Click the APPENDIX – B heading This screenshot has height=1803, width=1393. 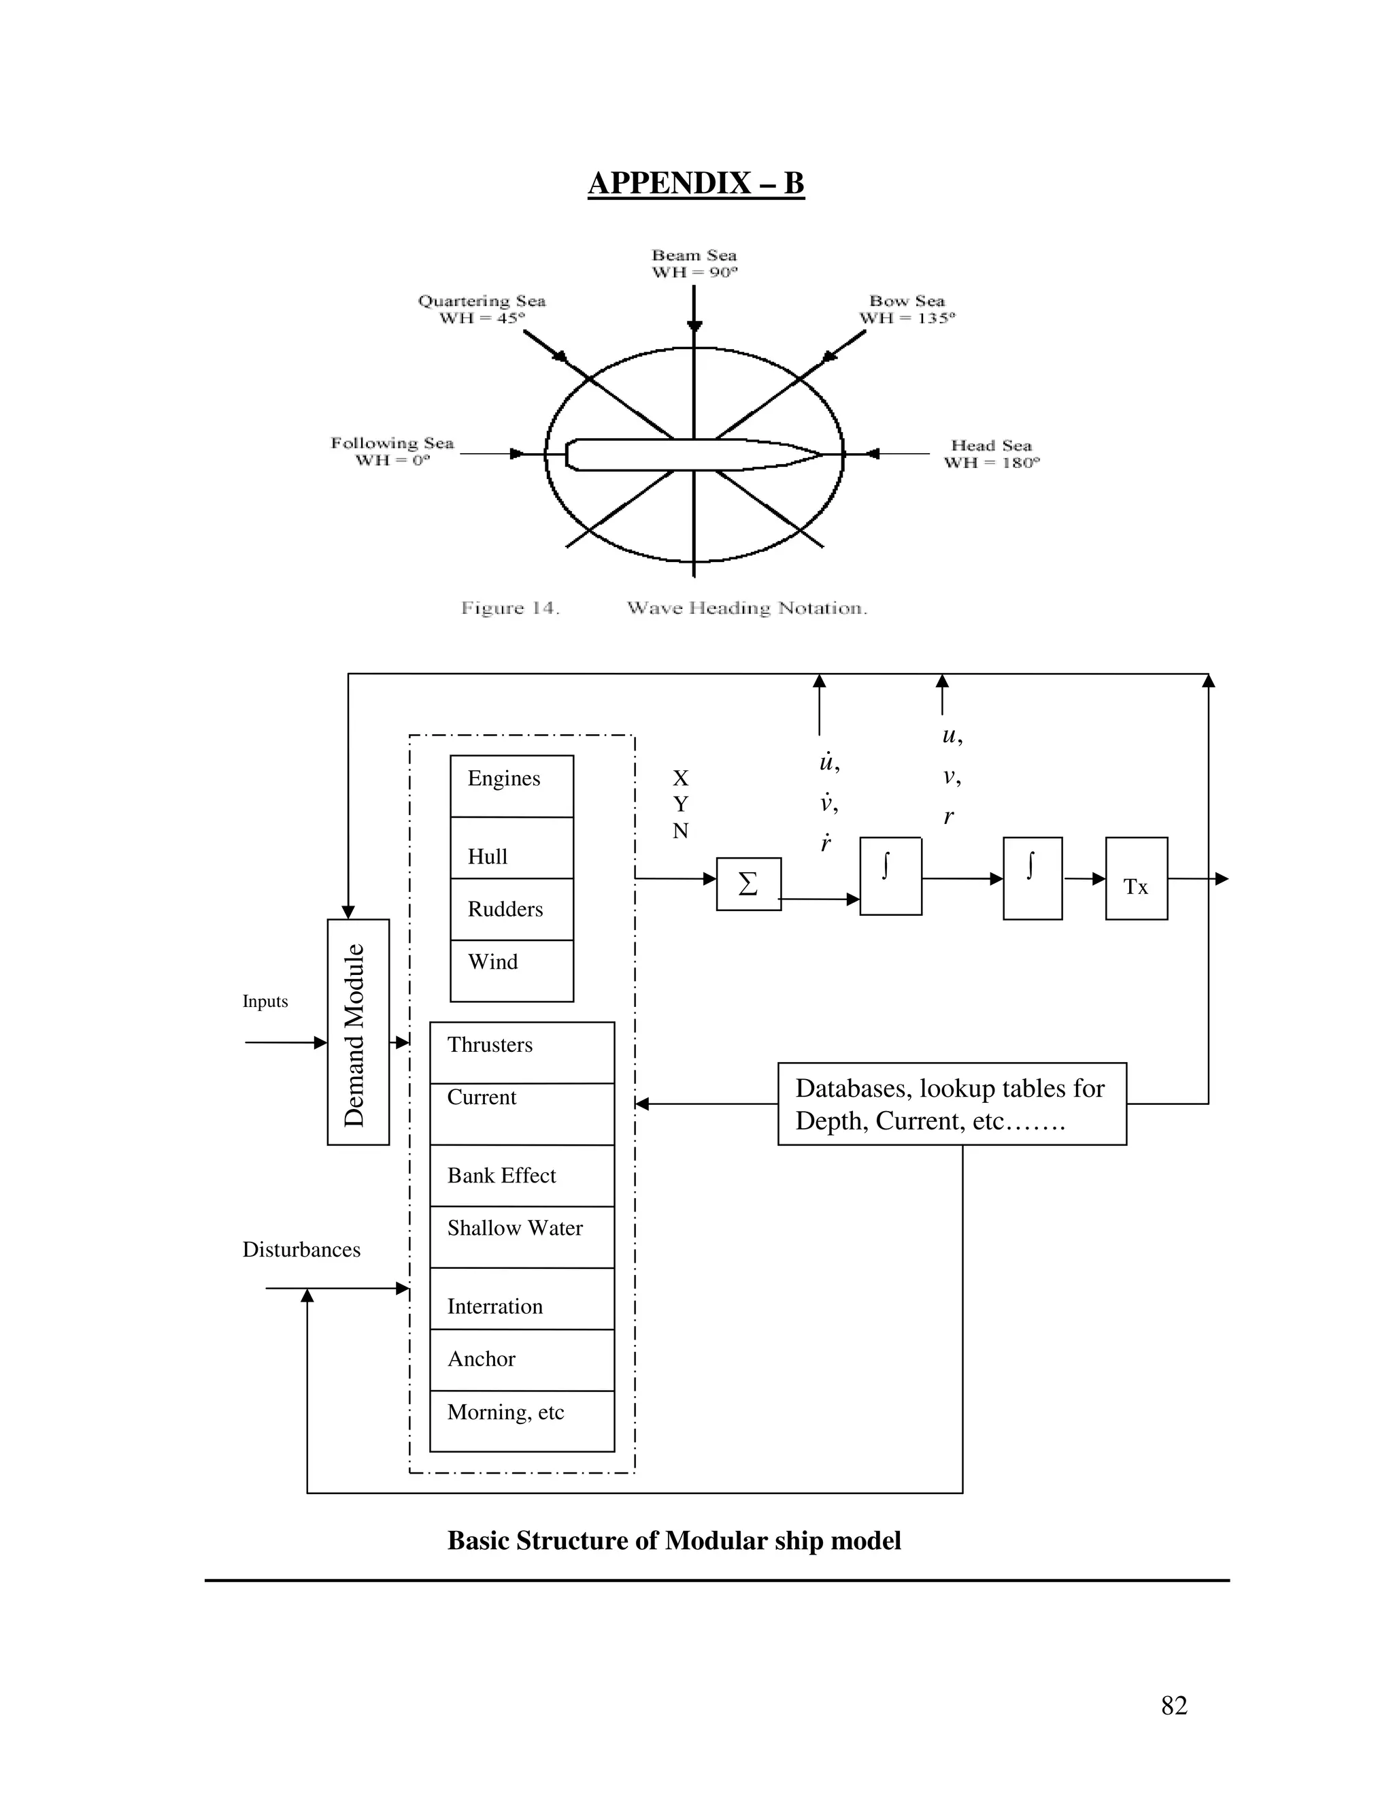point(696,183)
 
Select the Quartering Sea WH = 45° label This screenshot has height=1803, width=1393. point(482,310)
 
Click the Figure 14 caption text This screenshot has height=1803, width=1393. point(663,608)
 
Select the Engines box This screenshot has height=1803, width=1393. point(511,785)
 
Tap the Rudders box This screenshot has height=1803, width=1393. point(511,909)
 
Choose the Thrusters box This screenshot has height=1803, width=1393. point(522,1052)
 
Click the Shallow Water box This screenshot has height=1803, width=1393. point(522,1236)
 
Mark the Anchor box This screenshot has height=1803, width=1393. point(522,1359)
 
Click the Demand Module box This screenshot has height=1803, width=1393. point(357,1032)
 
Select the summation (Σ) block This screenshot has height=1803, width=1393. point(748,884)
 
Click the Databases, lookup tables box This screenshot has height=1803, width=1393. point(952,1104)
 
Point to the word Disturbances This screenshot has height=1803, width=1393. point(301,1250)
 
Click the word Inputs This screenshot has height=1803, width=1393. point(265,1002)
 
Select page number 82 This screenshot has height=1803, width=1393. point(1173,1706)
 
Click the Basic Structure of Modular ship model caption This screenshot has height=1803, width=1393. point(673,1540)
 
